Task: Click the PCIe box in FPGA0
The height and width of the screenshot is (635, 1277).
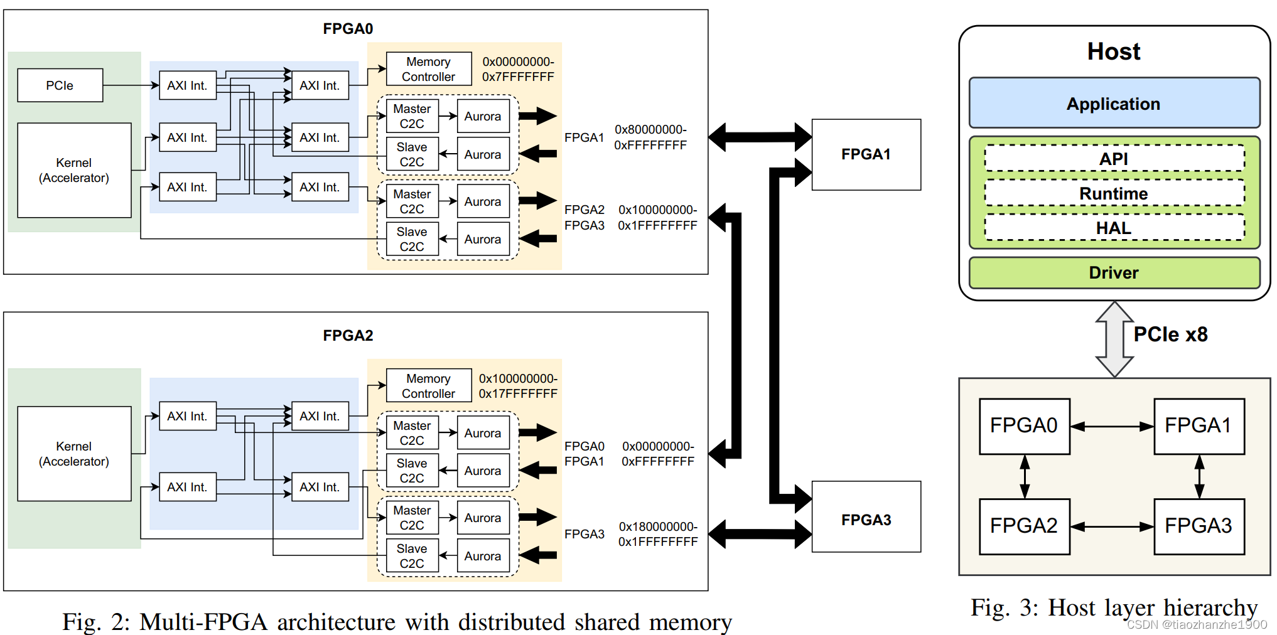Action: point(60,85)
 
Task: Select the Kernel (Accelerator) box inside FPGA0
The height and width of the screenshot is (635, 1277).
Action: point(74,170)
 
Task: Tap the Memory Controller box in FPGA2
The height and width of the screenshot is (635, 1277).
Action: point(428,385)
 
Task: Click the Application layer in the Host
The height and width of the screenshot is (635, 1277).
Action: point(1114,104)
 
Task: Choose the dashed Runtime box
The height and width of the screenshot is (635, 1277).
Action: point(1114,193)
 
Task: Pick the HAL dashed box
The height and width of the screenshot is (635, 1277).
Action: point(1114,228)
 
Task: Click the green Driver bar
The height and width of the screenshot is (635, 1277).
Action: point(1114,272)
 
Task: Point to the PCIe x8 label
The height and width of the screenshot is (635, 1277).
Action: point(1170,334)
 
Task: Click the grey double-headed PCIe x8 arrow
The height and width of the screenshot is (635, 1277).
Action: point(1114,339)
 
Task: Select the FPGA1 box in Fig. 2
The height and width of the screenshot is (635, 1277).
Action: point(866,154)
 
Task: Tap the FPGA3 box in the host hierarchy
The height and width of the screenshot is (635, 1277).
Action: point(1199,526)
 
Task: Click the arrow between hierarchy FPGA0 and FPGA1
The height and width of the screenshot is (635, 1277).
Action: point(1112,427)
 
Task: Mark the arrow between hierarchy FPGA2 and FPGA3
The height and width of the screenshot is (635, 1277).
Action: point(1112,527)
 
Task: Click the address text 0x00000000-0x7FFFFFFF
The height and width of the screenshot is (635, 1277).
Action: point(518,69)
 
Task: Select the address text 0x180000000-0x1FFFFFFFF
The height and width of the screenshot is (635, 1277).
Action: point(657,534)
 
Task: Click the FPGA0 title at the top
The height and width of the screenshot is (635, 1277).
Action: point(348,29)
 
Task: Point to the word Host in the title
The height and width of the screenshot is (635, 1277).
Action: point(1114,51)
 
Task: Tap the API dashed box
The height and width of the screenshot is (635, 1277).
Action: point(1114,159)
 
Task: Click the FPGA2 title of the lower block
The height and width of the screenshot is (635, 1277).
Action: point(348,336)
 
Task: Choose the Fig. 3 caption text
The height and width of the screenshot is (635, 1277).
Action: point(1114,607)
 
